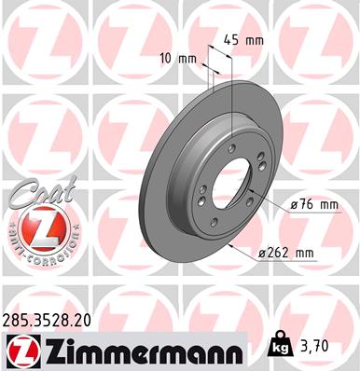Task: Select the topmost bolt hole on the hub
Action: click(230, 146)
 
